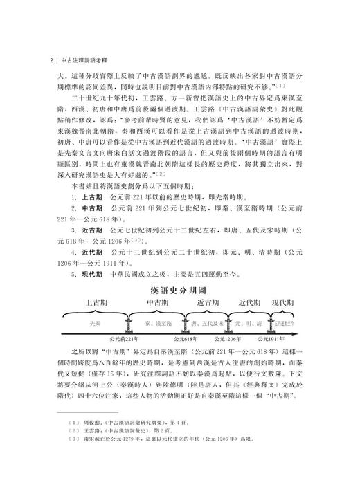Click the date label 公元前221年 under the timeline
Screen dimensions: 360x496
tap(126, 340)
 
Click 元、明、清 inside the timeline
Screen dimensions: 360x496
tap(249, 323)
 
